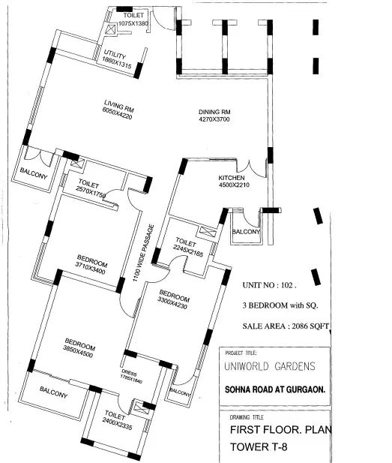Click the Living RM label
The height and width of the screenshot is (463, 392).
pyautogui.click(x=119, y=107)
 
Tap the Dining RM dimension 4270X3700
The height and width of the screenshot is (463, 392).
pyautogui.click(x=214, y=119)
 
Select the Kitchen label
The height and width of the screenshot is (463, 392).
pyautogui.click(x=232, y=178)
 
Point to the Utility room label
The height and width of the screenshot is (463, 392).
pyautogui.click(x=115, y=54)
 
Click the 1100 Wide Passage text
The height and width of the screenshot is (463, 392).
pyautogui.click(x=143, y=253)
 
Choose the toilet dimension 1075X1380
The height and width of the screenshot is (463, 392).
pyautogui.click(x=133, y=23)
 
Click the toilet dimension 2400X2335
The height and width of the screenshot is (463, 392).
pyautogui.click(x=117, y=424)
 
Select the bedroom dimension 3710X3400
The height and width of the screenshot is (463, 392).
pyautogui.click(x=90, y=268)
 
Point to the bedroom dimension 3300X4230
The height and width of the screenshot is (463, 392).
pyautogui.click(x=172, y=303)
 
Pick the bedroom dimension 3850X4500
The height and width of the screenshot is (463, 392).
pyautogui.click(x=78, y=351)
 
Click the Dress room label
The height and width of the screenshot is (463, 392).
pyautogui.click(x=129, y=372)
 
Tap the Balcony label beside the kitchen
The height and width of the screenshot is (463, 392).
pyautogui.click(x=246, y=231)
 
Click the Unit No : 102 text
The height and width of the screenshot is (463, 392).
pyautogui.click(x=269, y=285)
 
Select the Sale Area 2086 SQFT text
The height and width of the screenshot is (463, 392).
pyautogui.click(x=286, y=326)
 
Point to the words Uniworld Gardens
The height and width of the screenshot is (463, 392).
pyautogui.click(x=270, y=366)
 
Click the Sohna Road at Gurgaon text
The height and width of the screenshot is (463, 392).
pyautogui.click(x=275, y=389)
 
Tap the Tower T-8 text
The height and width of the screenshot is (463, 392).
pyautogui.click(x=259, y=446)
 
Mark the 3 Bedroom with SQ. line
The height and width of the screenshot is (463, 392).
pyautogui.click(x=280, y=305)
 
